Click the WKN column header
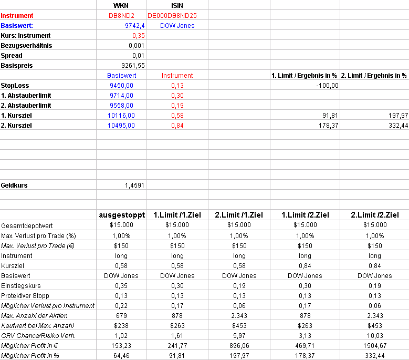click(121, 6)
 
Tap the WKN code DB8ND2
click(121, 16)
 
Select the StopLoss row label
click(15, 85)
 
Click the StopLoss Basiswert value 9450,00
click(122, 85)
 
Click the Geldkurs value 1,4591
click(134, 185)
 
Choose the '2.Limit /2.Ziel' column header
click(374, 215)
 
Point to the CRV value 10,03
click(374, 335)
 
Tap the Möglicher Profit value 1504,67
click(374, 345)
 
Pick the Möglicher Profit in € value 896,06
click(239, 345)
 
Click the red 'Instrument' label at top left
click(17, 16)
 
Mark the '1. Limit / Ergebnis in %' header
click(304, 76)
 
